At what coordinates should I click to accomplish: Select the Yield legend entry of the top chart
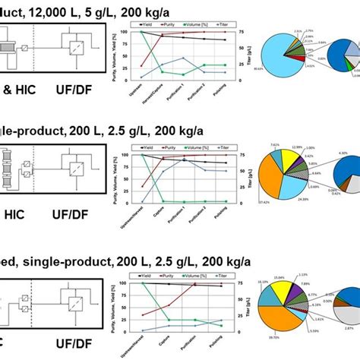pos(154,25)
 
